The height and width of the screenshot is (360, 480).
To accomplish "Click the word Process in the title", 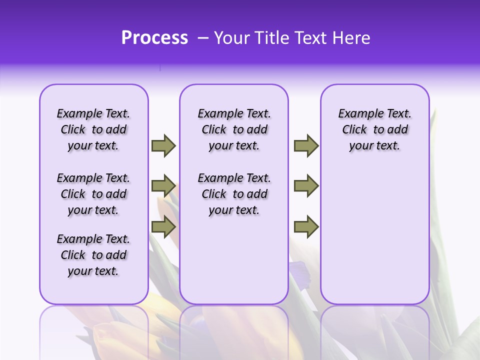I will [x=154, y=38].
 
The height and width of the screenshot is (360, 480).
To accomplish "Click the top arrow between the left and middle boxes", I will [x=163, y=145].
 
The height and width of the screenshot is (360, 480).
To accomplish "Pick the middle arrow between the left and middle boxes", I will [x=163, y=186].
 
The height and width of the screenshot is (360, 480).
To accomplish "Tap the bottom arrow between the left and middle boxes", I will [x=163, y=227].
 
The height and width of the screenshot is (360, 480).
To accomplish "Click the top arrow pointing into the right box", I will [x=306, y=145].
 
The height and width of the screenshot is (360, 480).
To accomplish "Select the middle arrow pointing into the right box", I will [x=306, y=186].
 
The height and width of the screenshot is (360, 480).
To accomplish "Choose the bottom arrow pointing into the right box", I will [x=306, y=227].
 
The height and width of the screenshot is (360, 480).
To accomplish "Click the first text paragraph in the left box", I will [x=93, y=129].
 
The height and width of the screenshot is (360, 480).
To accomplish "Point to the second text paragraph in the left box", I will [x=93, y=194].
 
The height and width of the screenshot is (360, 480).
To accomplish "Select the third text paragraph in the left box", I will [x=93, y=255].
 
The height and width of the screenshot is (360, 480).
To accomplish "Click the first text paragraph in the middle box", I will [x=234, y=129].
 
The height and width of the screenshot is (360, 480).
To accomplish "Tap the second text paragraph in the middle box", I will [x=234, y=194].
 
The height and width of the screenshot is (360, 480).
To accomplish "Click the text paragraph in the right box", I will [x=374, y=129].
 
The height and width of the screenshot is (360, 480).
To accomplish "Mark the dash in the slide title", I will [x=203, y=38].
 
